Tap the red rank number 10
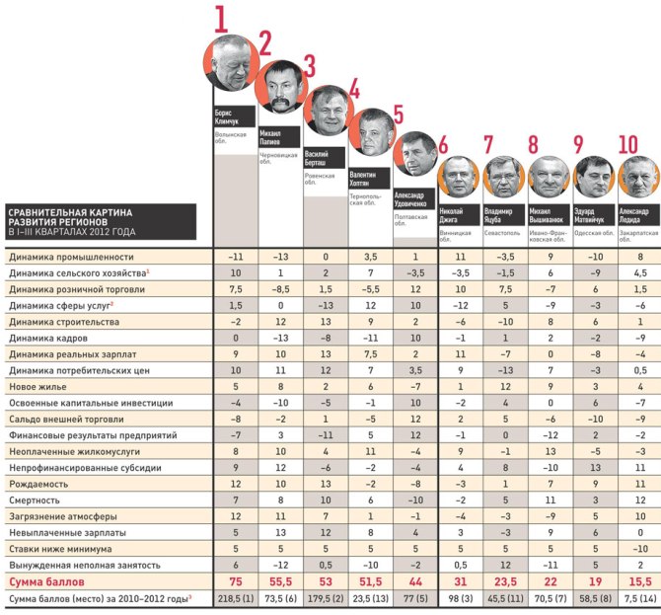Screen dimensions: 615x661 point(627,146)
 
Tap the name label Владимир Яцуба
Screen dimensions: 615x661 point(503,214)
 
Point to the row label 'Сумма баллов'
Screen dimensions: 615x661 point(43,581)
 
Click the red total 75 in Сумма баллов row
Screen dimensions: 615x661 point(236,581)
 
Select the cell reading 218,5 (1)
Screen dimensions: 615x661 point(236,599)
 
